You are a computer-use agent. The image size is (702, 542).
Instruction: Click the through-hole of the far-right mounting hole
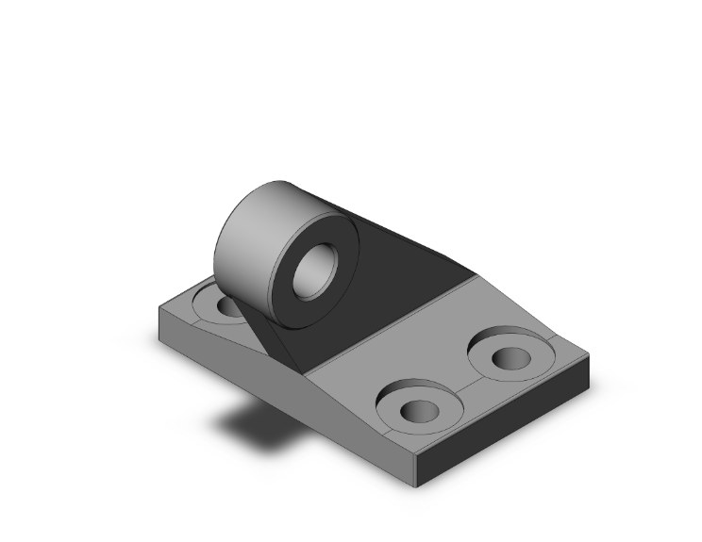tap(512, 358)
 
